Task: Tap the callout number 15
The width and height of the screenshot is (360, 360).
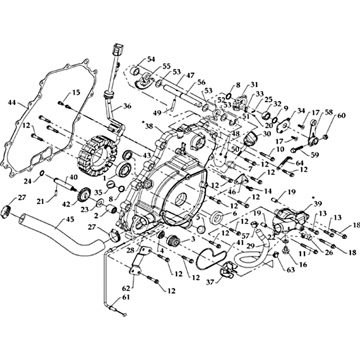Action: [76, 92]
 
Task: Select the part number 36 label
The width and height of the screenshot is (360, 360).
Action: [127, 107]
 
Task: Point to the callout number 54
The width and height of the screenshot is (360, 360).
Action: [150, 60]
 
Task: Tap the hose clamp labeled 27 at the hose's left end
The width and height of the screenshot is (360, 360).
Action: [7, 210]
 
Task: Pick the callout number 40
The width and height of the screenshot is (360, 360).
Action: [73, 177]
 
